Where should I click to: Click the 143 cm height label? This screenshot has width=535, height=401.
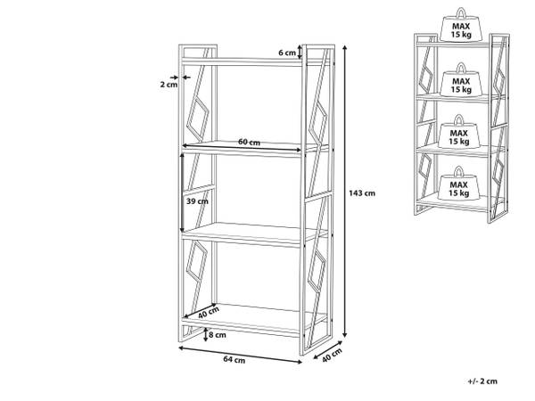pyautogui.click(x=364, y=192)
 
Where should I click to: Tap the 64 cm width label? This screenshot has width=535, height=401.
pyautogui.click(x=235, y=359)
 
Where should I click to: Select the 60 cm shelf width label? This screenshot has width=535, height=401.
pyautogui.click(x=249, y=143)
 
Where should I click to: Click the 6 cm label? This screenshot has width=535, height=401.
pyautogui.click(x=286, y=53)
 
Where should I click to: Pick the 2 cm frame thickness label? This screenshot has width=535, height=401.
pyautogui.click(x=169, y=85)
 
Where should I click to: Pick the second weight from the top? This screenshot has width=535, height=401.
pyautogui.click(x=461, y=82)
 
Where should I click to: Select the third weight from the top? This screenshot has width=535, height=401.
pyautogui.click(x=461, y=133)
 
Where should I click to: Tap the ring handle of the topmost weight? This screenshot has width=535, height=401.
pyautogui.click(x=461, y=12)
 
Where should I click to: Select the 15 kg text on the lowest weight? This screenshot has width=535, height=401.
pyautogui.click(x=461, y=192)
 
